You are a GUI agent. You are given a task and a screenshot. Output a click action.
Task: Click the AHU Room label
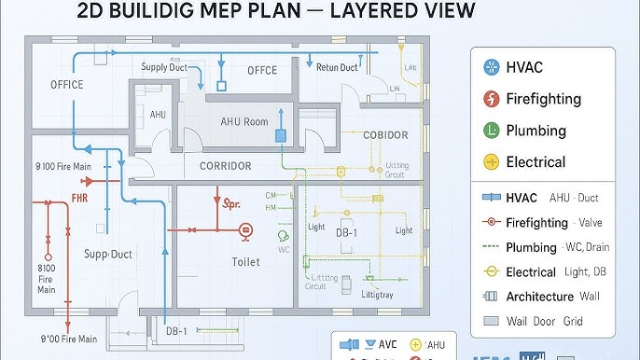243,122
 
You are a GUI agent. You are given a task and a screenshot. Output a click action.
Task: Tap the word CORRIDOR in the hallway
226,166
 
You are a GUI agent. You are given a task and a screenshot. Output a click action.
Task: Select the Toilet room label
245,262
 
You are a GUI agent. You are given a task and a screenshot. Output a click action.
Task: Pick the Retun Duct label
336,67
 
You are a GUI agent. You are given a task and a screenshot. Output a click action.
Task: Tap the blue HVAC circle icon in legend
491,67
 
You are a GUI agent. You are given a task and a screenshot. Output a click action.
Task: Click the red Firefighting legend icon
491,99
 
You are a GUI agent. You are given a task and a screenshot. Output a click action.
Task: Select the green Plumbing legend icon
491,131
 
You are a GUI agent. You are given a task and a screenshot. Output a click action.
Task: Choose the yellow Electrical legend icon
491,162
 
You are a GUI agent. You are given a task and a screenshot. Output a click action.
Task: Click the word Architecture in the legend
539,297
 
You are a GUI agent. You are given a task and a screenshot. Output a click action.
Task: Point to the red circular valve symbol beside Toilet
245,228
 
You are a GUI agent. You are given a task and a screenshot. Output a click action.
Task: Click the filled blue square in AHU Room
280,136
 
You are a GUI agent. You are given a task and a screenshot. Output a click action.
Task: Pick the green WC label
284,250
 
